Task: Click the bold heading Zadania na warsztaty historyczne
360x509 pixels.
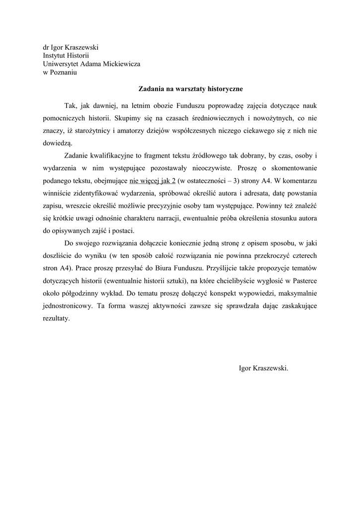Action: (190, 89)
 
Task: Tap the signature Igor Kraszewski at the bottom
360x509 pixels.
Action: (264, 368)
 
